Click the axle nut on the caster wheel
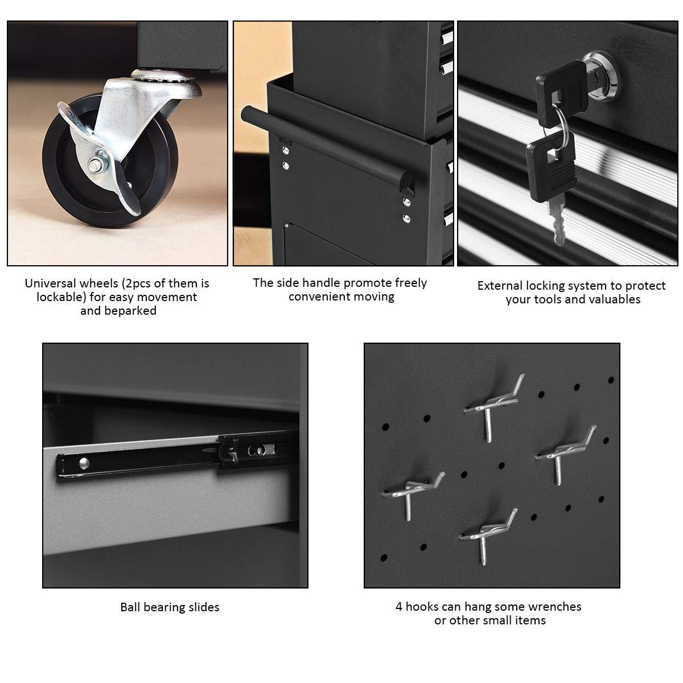(94, 164)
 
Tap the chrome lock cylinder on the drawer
(601, 76)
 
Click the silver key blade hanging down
(557, 222)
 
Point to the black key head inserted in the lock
(561, 93)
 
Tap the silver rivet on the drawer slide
(84, 463)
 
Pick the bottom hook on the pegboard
(488, 536)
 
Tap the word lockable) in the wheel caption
(61, 297)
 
